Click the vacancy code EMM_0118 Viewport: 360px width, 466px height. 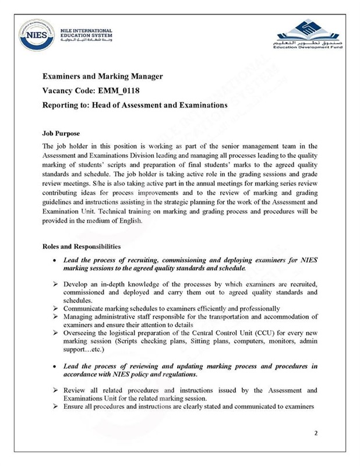tap(118, 90)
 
